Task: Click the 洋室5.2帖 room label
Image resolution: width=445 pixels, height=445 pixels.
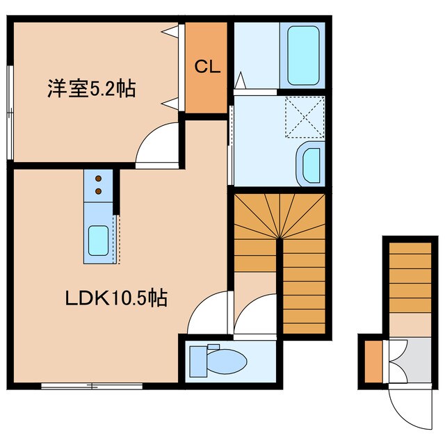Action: click(x=91, y=89)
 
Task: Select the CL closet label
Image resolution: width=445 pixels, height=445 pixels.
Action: click(x=207, y=67)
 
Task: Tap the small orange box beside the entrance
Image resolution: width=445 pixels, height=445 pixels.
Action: click(x=373, y=360)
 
